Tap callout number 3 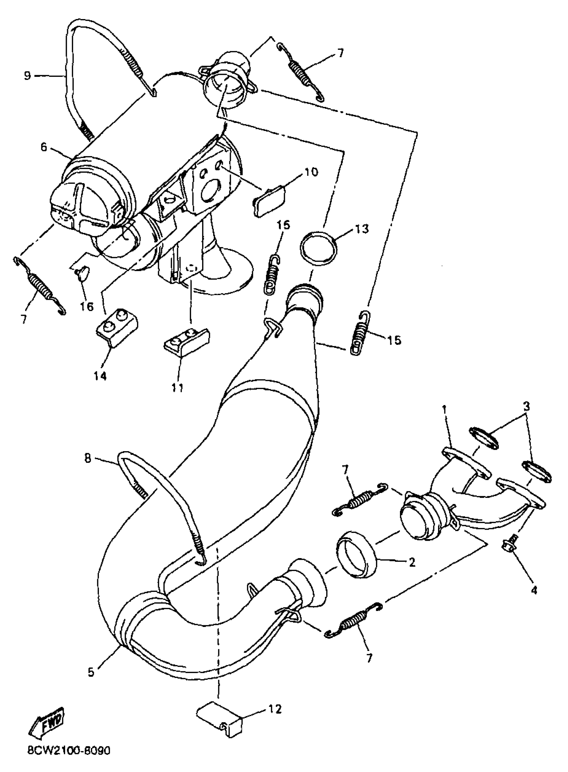[526, 406]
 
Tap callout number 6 [43, 147]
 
